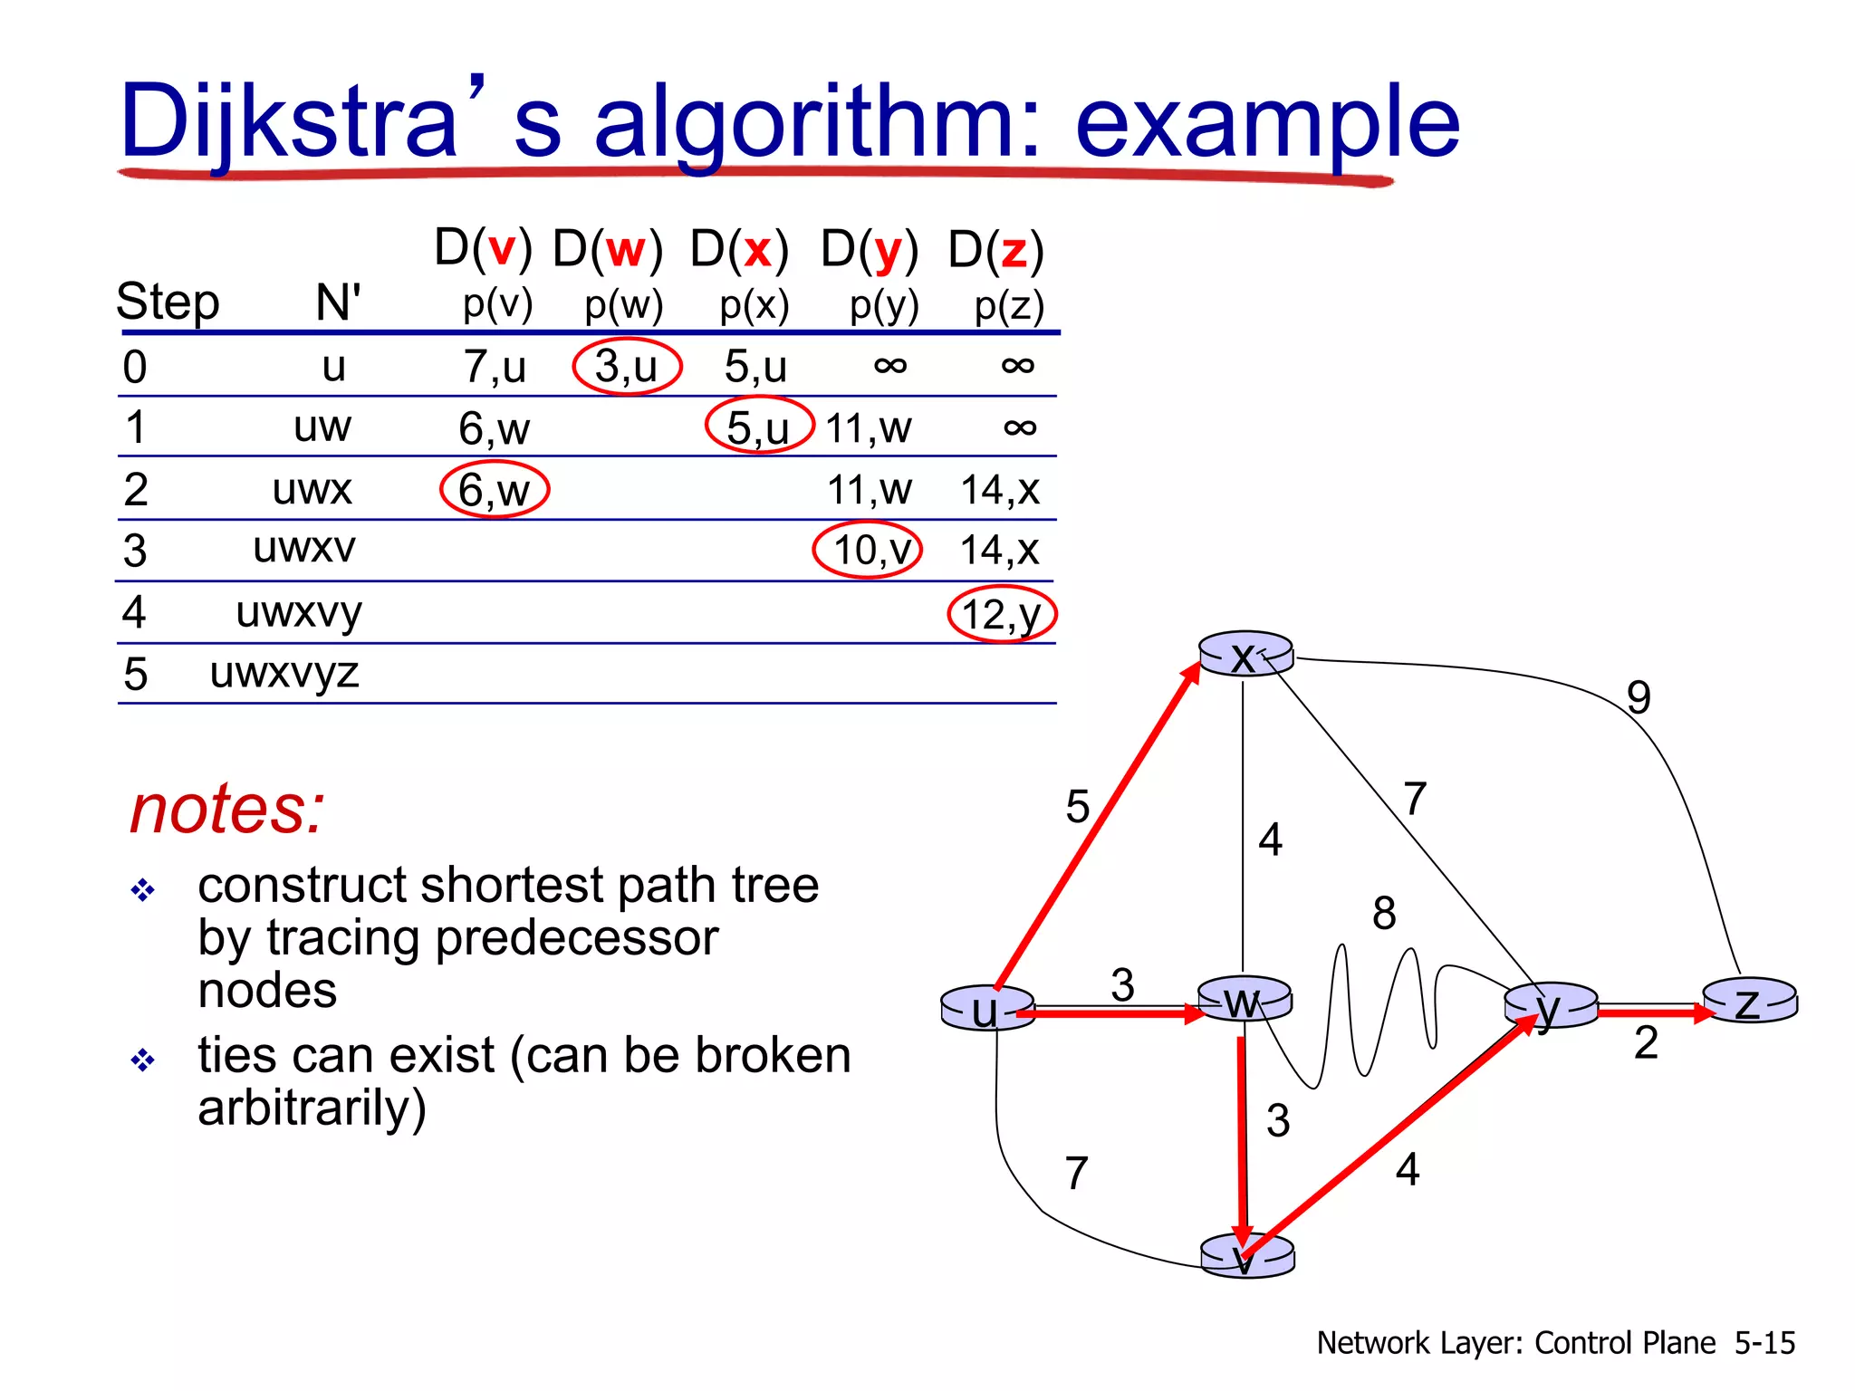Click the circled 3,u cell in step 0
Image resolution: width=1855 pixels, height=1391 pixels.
coord(627,367)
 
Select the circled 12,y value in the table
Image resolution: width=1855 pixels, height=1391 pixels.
coord(1002,615)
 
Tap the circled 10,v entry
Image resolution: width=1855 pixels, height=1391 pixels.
coord(868,550)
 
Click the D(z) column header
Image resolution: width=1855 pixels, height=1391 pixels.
coord(995,250)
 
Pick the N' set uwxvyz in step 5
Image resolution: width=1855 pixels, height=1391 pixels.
coord(284,673)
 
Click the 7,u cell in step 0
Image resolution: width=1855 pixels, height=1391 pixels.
coord(495,367)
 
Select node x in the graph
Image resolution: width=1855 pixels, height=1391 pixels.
coord(1245,655)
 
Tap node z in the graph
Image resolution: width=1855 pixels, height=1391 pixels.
coord(1749,1002)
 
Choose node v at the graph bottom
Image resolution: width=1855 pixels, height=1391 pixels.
coord(1246,1257)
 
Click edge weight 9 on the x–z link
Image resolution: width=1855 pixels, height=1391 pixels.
coord(1639,697)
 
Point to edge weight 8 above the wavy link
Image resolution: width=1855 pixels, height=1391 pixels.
coord(1384,913)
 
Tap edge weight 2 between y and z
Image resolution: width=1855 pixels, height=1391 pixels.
coord(1646,1043)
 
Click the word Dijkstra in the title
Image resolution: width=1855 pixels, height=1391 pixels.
coord(288,121)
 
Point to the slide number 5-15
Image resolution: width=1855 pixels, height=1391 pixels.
coord(1764,1342)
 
